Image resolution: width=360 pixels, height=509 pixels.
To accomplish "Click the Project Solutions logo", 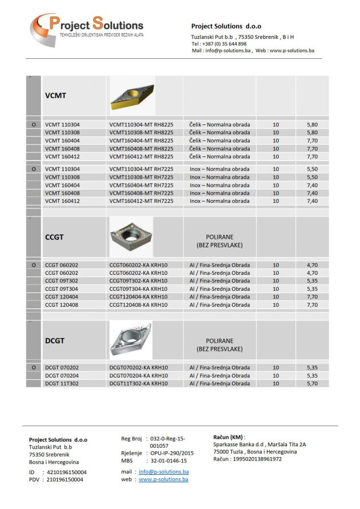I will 86,29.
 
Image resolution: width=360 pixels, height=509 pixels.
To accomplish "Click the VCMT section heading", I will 55,95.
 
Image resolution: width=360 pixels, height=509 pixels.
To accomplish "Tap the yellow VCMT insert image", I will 132,95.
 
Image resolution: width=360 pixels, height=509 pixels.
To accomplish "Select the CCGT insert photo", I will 131,236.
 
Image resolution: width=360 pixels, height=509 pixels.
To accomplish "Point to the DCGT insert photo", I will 131,340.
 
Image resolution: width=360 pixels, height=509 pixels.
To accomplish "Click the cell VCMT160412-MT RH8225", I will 141,157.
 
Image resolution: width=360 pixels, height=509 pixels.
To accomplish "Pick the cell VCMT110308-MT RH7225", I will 141,177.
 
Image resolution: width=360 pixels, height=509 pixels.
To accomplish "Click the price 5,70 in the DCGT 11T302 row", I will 311,384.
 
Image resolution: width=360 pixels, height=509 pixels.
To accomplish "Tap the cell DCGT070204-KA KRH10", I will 138,376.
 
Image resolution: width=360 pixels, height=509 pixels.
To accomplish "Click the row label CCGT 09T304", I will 62,289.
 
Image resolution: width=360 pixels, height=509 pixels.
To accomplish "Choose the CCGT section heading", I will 55,237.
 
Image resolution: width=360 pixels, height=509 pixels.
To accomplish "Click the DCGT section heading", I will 55,340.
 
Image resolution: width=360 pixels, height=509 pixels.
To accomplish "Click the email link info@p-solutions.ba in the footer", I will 163,472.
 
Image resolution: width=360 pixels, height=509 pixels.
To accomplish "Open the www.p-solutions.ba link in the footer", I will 163,479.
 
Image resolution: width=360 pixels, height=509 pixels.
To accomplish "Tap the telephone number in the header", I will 219,43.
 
